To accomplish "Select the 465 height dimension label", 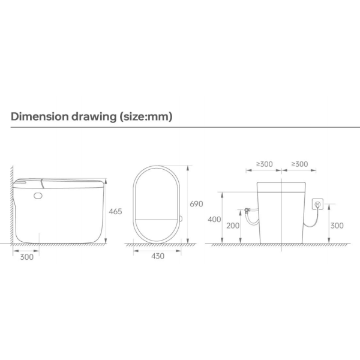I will coord(116,211).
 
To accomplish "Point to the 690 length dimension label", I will coord(197,204).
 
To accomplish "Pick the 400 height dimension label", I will coord(215,219).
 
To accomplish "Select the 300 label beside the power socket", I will coord(337,226).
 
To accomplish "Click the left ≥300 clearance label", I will coord(264,164).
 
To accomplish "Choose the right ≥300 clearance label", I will coord(298,164).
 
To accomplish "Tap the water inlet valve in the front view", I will coord(247,211).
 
